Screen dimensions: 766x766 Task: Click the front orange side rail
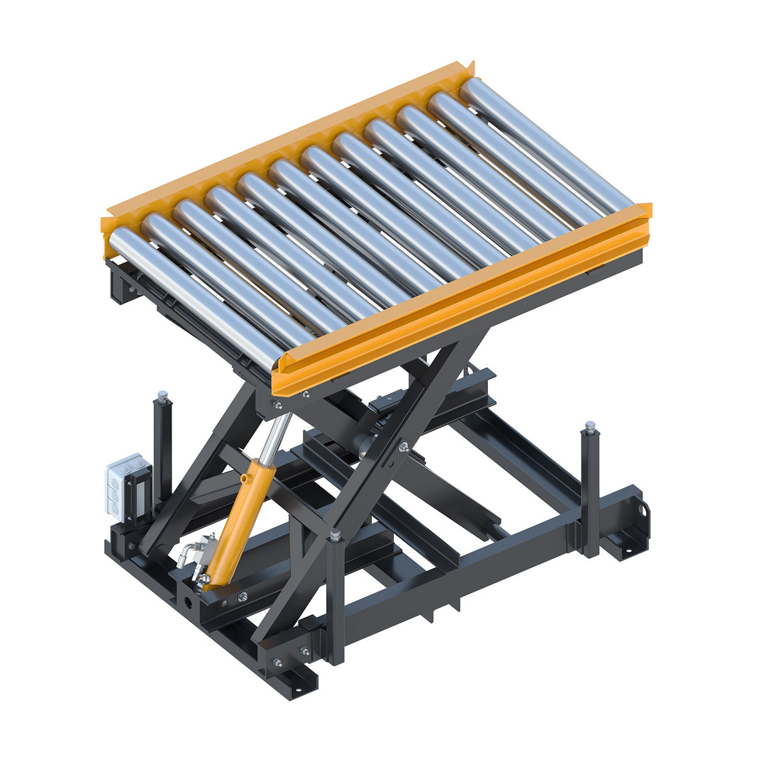(x=461, y=298)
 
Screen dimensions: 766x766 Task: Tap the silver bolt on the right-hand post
(x=589, y=426)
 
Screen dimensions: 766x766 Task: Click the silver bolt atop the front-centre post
(x=335, y=533)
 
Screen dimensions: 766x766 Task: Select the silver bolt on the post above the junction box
(x=162, y=394)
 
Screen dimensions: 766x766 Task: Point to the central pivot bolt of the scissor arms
(x=404, y=448)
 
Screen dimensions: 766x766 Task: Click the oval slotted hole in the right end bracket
(x=644, y=510)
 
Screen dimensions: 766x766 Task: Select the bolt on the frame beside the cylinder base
(x=243, y=596)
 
